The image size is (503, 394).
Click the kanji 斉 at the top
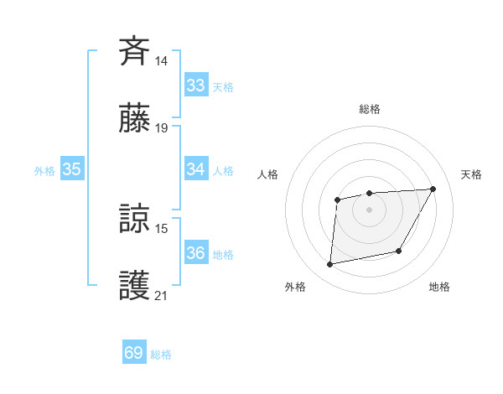click(135, 50)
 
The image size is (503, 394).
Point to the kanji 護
click(135, 286)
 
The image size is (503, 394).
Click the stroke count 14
click(161, 61)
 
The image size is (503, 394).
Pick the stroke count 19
click(161, 128)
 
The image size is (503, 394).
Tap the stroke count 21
click(161, 296)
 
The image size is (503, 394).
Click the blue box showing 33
click(196, 86)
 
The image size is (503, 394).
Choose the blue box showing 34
click(196, 169)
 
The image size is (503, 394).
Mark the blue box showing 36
click(196, 253)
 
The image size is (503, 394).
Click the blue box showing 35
click(72, 169)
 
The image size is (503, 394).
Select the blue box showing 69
click(134, 353)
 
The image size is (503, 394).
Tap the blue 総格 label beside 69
click(161, 355)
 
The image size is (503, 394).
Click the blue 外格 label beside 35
click(44, 171)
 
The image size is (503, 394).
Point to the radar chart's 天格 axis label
click(471, 174)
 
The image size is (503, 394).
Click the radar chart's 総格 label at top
click(370, 109)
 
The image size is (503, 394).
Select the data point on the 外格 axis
click(330, 265)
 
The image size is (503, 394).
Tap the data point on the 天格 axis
click(433, 189)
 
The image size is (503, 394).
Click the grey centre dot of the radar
click(370, 209)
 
